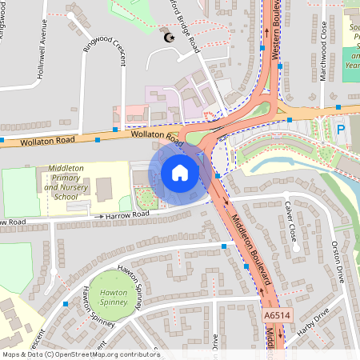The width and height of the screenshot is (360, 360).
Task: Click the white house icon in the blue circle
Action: tap(180, 172)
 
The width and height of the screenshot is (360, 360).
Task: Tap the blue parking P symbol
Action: tap(341, 129)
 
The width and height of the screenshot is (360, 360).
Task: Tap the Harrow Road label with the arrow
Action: tap(123, 215)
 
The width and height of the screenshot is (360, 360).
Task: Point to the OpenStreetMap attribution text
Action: tap(80, 354)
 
